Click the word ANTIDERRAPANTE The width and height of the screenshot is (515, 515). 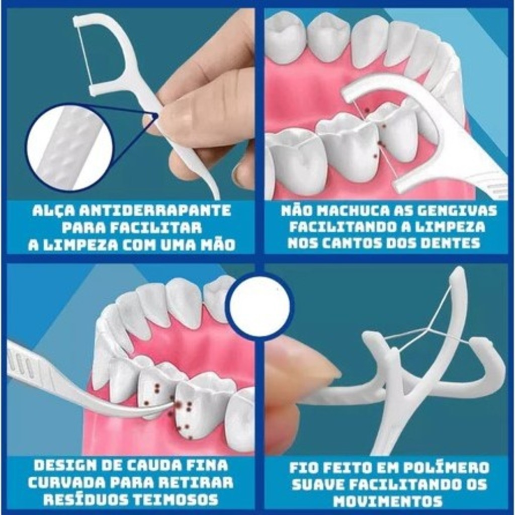[156, 211]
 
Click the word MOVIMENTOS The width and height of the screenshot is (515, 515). [388, 501]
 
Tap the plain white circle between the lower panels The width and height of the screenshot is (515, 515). [260, 306]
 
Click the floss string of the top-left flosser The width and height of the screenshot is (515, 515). [84, 57]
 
